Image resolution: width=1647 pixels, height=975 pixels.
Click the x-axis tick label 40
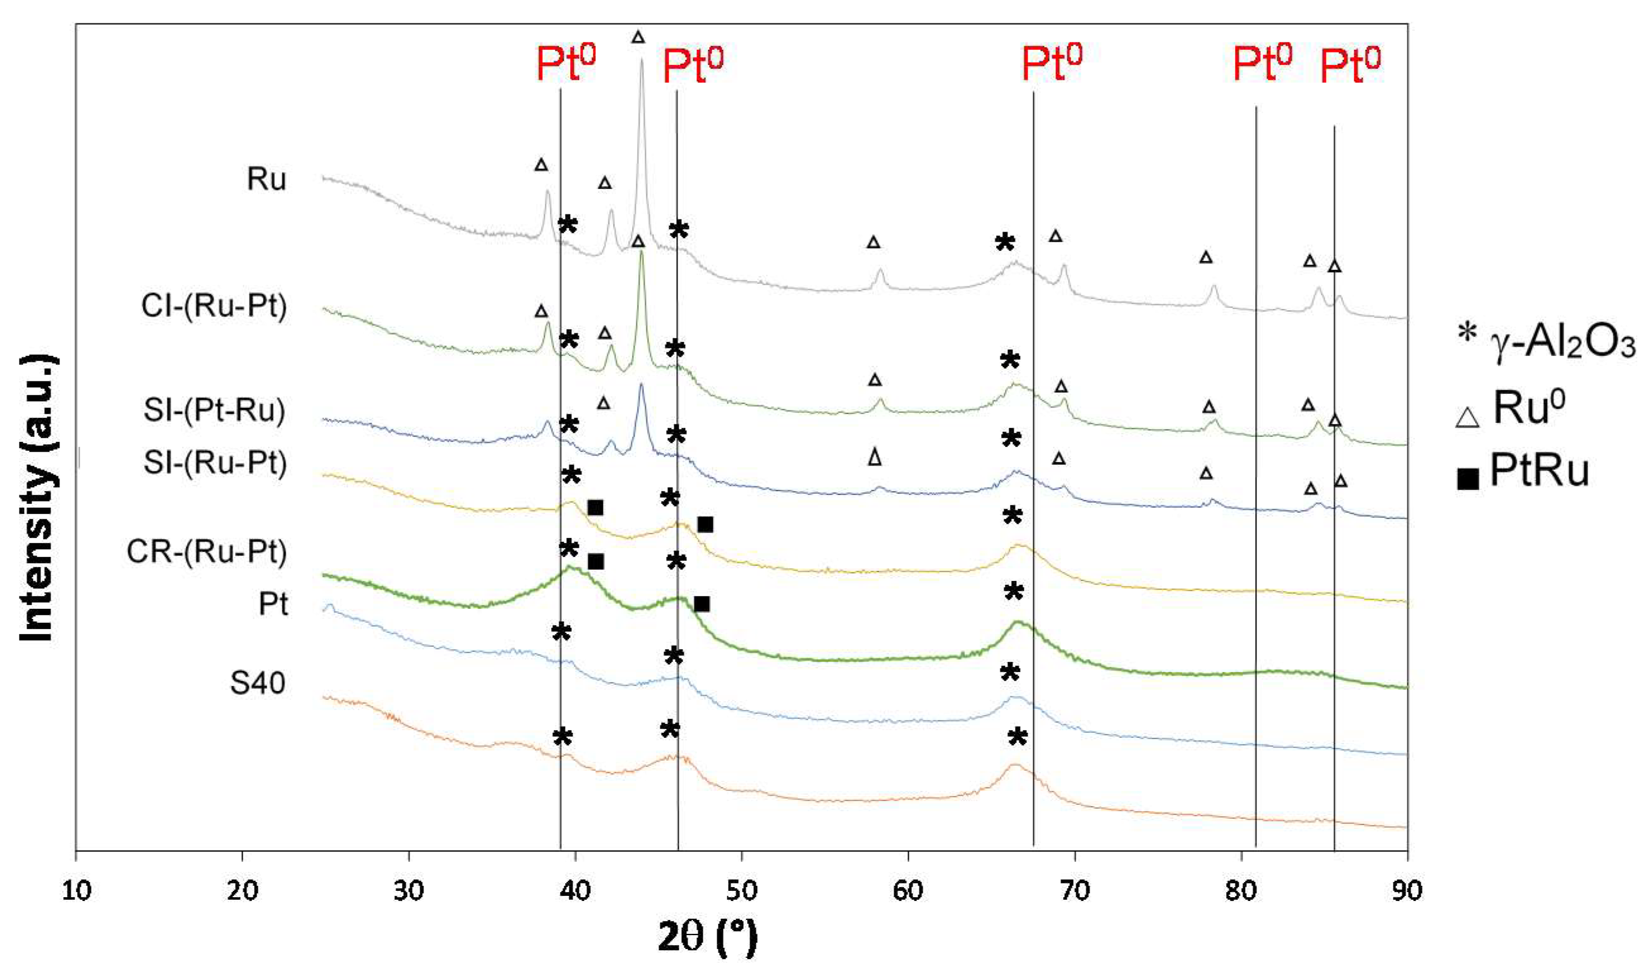[x=575, y=891]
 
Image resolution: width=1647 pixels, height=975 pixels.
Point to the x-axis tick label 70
[x=1075, y=891]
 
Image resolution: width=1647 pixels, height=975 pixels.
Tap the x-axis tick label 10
[x=76, y=891]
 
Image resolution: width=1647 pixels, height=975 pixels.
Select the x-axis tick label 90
[x=1407, y=891]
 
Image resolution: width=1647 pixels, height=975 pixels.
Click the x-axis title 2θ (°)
[x=707, y=938]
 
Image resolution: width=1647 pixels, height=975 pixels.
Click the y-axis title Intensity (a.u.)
[x=37, y=500]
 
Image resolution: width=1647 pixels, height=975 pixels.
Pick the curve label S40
[x=257, y=684]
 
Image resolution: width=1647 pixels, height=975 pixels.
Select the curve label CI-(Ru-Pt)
[x=214, y=306]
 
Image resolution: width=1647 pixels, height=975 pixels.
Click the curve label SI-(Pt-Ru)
[x=214, y=410]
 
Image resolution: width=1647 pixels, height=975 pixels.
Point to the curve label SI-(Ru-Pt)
[x=216, y=463]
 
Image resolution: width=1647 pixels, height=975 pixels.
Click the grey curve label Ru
[x=267, y=179]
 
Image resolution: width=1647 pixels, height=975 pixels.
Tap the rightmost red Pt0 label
[x=1350, y=66]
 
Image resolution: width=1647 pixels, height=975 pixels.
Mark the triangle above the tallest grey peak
[x=638, y=37]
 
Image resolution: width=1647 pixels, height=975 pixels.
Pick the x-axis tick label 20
[x=242, y=891]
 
